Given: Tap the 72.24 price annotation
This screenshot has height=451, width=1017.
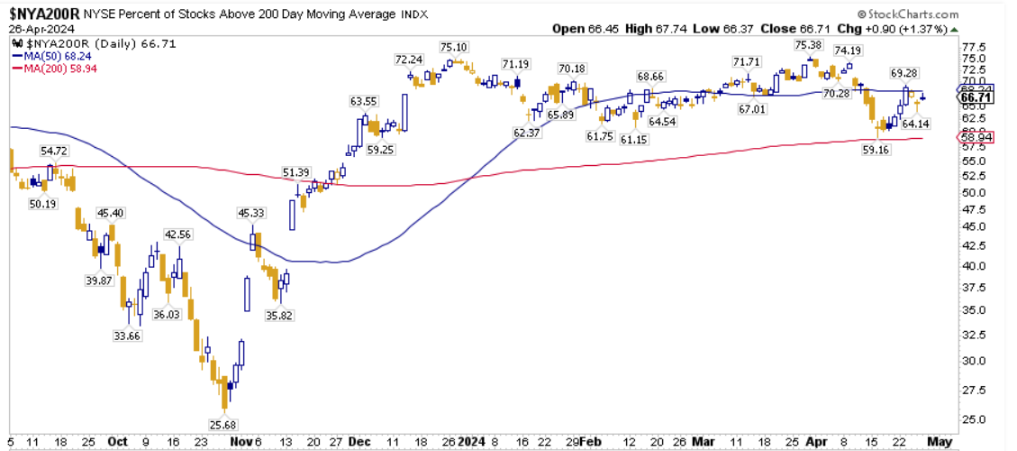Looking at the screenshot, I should [409, 60].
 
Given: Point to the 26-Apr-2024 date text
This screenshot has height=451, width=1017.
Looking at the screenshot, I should [40, 28].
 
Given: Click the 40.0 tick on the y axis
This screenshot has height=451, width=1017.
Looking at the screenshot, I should [971, 266].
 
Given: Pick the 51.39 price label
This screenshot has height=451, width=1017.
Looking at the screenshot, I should [296, 171].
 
